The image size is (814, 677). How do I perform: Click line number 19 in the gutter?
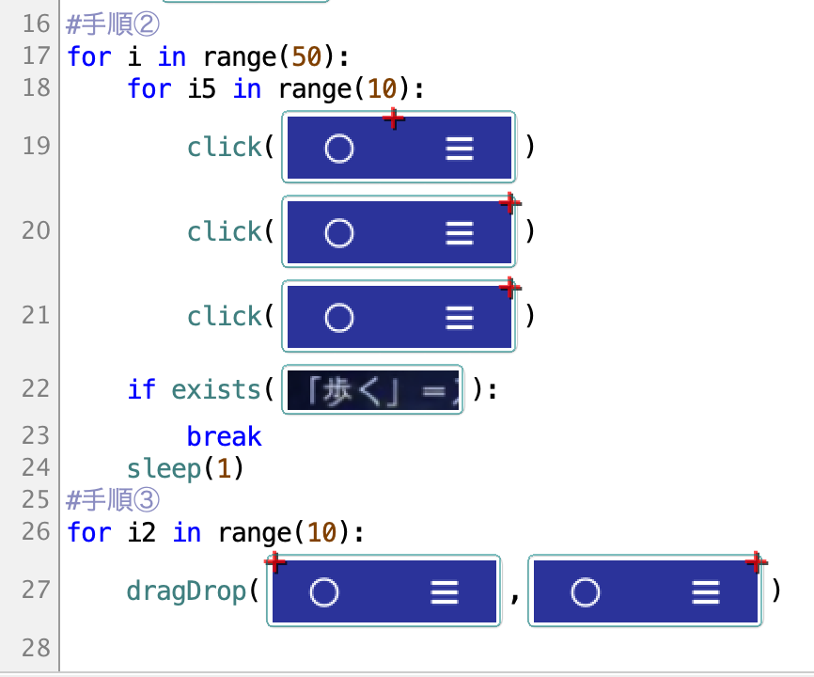click(37, 146)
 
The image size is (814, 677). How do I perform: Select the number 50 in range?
click(306, 56)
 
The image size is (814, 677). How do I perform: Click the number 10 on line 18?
click(382, 88)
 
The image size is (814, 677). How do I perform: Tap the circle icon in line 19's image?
click(339, 149)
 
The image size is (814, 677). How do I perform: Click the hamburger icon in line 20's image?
click(460, 233)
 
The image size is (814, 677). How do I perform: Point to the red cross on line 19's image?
click(394, 118)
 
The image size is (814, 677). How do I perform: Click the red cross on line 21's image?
click(510, 288)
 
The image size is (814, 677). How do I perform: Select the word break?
click(225, 436)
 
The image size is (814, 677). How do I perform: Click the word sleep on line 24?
click(164, 469)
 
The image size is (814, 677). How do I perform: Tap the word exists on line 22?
click(216, 389)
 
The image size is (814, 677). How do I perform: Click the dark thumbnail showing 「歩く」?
click(373, 390)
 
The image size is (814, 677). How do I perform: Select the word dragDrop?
click(186, 590)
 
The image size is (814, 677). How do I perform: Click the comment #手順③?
click(113, 499)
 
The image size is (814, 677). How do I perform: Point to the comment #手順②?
click(113, 24)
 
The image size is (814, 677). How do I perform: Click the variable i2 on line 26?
click(142, 532)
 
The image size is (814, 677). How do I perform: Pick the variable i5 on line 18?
click(201, 88)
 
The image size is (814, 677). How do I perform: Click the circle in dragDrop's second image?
click(586, 591)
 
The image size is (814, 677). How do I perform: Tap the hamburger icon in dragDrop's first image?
click(445, 592)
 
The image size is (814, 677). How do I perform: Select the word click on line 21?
click(225, 316)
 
